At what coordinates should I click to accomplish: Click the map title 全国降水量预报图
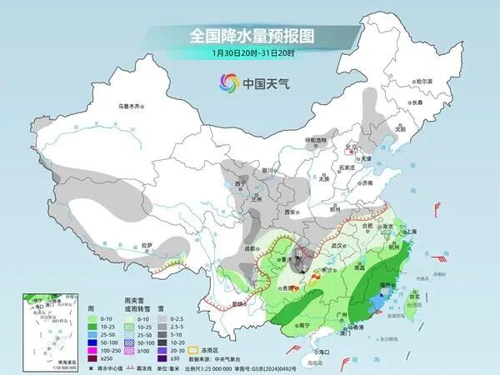coord(249,36)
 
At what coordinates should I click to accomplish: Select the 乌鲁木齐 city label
coord(132,106)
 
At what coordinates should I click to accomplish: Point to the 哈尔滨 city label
coord(425,81)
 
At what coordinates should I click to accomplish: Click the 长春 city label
coord(417,102)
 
